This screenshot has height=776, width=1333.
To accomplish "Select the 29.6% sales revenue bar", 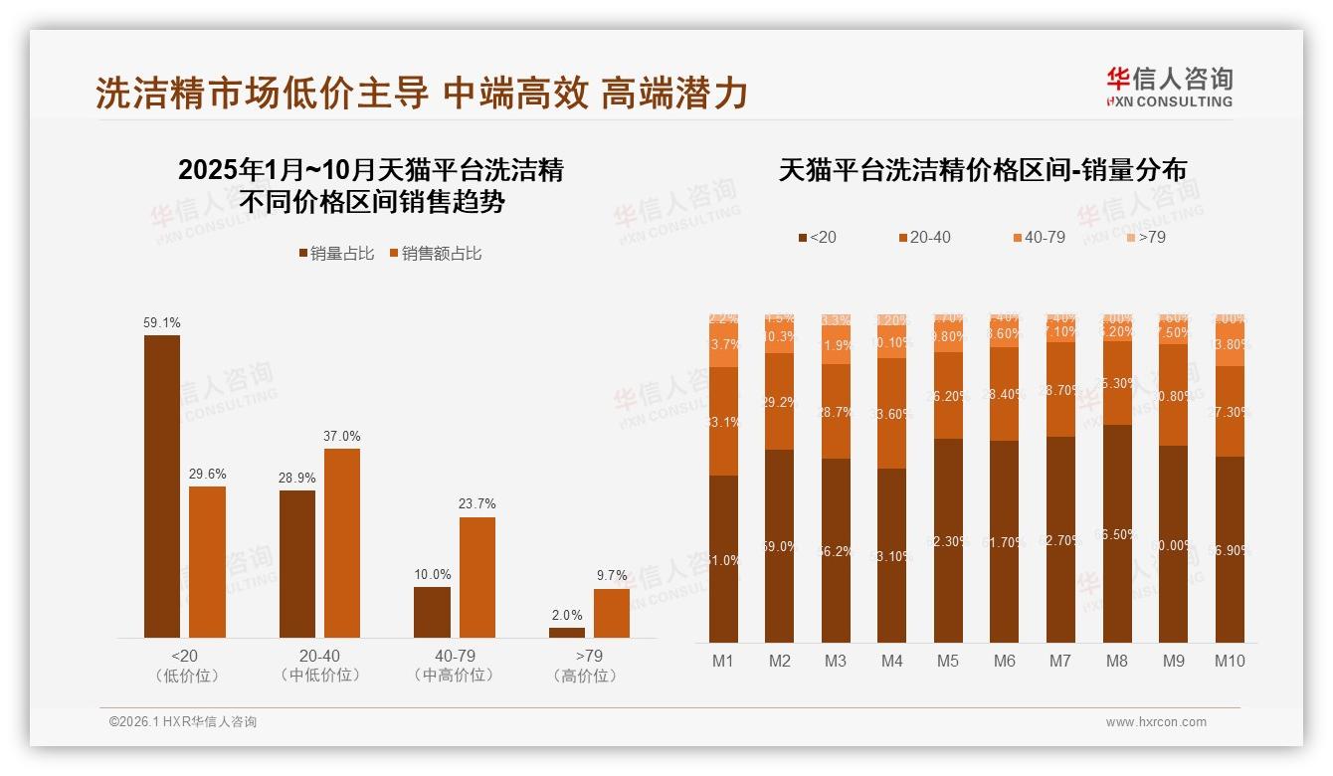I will [207, 561].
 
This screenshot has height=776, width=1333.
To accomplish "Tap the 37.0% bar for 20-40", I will [342, 542].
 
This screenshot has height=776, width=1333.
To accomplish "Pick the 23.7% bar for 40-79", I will [476, 577].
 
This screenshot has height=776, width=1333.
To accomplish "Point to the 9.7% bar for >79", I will [612, 613].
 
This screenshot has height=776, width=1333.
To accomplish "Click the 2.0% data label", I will [567, 615].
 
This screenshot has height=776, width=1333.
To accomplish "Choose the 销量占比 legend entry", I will [336, 254].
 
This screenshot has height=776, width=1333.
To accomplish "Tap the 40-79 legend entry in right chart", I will [1039, 238].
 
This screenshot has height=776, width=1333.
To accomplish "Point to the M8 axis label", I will [1118, 661].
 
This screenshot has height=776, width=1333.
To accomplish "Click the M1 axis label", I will [723, 661].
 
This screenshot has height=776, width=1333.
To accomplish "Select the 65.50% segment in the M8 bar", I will [1118, 533].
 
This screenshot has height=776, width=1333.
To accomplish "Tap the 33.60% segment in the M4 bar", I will [892, 413].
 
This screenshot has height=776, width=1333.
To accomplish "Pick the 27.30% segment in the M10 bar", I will [1231, 411].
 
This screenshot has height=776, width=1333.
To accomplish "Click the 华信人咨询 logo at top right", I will [1169, 87].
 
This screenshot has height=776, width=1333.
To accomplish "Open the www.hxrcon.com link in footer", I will [1156, 722].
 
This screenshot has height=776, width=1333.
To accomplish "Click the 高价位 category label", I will [589, 676].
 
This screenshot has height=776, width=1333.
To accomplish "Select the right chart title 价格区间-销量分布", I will [982, 170].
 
